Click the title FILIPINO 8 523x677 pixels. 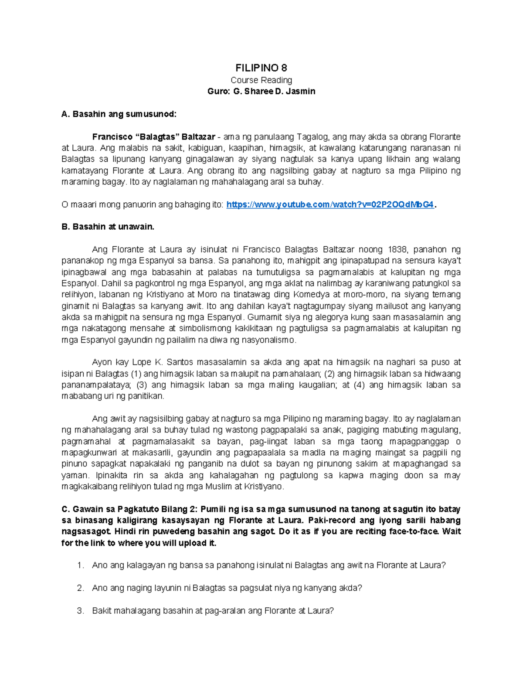(261, 68)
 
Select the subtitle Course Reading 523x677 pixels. (261, 80)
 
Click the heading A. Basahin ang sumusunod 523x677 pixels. (119, 114)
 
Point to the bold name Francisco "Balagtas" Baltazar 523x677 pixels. (153, 137)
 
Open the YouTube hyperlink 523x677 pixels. (330, 205)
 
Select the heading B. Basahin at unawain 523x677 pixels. (108, 227)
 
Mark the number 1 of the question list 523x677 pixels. (80, 566)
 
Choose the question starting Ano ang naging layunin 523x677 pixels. (227, 589)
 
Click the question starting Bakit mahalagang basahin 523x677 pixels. (213, 611)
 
